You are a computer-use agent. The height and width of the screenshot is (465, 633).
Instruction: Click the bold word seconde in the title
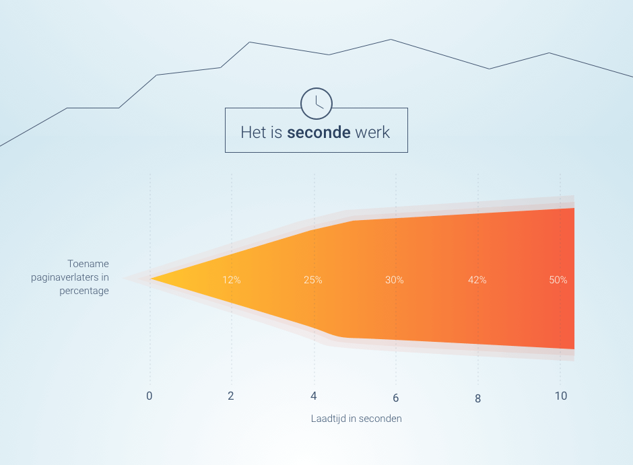(x=319, y=133)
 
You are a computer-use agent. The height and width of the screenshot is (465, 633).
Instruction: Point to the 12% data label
(x=232, y=280)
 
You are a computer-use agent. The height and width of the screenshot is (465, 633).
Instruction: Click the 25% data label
(x=313, y=280)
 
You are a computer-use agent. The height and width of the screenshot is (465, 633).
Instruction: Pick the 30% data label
(x=395, y=280)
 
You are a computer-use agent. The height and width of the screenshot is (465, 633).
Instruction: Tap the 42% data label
(x=477, y=280)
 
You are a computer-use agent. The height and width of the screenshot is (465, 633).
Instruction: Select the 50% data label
(x=558, y=280)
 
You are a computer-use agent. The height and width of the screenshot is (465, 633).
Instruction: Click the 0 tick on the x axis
(x=149, y=396)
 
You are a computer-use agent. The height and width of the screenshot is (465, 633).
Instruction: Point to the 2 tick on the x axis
(x=231, y=396)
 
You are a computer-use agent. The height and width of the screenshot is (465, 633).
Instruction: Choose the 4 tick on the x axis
(x=314, y=396)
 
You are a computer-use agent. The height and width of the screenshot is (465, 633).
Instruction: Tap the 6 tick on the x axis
(x=396, y=398)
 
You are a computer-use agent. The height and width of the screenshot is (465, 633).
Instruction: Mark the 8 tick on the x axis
(x=477, y=399)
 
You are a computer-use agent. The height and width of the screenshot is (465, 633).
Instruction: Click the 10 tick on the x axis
(x=561, y=396)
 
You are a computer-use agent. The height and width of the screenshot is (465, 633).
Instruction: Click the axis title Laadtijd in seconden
(x=356, y=419)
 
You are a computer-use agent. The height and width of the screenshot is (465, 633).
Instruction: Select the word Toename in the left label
(x=88, y=264)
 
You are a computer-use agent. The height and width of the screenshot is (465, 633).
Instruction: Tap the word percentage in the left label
(x=84, y=291)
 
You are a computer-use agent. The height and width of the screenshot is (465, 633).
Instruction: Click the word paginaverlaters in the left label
(x=65, y=277)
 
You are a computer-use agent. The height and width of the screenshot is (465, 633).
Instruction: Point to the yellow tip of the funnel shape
(x=151, y=279)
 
